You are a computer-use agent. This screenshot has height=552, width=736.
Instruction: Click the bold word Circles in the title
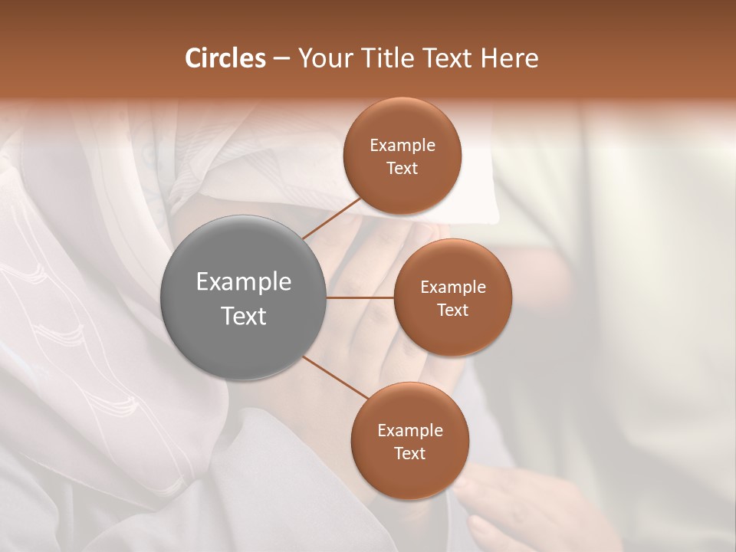[x=225, y=58]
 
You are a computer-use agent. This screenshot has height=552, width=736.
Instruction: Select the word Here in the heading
[x=509, y=58]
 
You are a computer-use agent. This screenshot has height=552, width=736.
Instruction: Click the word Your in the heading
[x=323, y=58]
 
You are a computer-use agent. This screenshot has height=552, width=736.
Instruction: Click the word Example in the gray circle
[x=244, y=282]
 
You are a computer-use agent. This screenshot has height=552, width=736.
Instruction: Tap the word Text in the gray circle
[x=244, y=316]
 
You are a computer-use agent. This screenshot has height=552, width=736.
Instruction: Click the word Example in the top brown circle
[x=402, y=146]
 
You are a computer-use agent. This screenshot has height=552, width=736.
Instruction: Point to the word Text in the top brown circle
[x=402, y=169]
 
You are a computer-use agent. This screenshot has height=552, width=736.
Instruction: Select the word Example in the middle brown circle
[x=453, y=287]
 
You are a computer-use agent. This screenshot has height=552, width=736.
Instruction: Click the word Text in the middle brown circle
[x=453, y=310]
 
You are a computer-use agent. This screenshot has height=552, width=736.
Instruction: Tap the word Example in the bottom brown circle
[x=410, y=431]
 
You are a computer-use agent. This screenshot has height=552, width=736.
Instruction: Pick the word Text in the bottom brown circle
[x=410, y=454]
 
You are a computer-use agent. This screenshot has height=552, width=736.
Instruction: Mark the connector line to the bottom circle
[x=337, y=377]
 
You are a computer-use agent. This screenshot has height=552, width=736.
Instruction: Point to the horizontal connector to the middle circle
[x=360, y=297]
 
